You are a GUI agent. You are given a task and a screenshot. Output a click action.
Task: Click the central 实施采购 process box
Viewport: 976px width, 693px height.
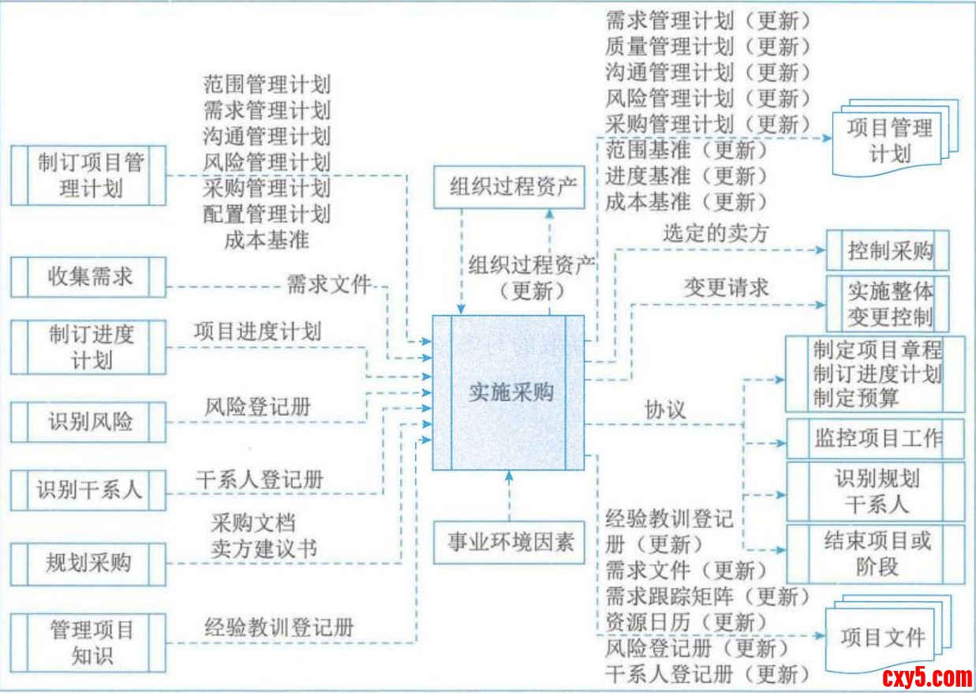click(x=509, y=392)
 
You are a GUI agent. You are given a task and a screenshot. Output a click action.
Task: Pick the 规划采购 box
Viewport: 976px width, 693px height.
click(x=89, y=563)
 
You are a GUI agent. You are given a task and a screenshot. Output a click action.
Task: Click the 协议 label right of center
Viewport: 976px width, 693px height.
click(x=665, y=410)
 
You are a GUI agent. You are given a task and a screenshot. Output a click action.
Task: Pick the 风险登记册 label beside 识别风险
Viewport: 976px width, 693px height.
click(x=257, y=407)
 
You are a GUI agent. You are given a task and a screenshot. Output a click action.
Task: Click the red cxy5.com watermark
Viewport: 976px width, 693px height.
click(x=926, y=676)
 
